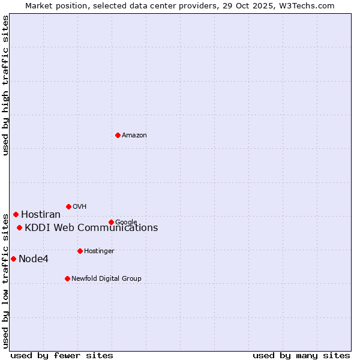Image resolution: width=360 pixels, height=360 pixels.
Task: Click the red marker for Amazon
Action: (118, 135)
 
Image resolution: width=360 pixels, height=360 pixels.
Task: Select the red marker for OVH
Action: (68, 206)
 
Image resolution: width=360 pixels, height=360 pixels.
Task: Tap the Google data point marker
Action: (111, 222)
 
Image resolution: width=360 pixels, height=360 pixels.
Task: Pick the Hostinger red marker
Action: (80, 251)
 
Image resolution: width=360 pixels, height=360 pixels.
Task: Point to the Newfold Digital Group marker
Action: (67, 278)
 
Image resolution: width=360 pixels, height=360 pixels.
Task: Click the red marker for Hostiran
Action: (16, 214)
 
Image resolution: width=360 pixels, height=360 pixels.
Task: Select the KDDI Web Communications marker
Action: (19, 227)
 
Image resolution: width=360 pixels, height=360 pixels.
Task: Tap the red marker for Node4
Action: (13, 259)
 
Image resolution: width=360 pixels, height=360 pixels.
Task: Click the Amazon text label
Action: (134, 136)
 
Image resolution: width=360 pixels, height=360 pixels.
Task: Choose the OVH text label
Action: (80, 207)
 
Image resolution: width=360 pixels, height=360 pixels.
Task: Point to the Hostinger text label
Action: (99, 251)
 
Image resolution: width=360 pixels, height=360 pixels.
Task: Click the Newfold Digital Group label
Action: (106, 279)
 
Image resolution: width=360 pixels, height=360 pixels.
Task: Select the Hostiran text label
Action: (41, 215)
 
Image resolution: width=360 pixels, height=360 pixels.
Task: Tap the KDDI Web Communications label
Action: (91, 228)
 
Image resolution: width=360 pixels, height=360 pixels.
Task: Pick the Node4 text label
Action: (34, 259)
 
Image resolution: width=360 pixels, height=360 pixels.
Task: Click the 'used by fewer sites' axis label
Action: (62, 355)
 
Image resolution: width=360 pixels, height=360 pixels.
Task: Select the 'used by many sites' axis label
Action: (301, 355)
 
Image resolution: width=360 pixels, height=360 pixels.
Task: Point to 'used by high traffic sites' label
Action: (6, 85)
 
